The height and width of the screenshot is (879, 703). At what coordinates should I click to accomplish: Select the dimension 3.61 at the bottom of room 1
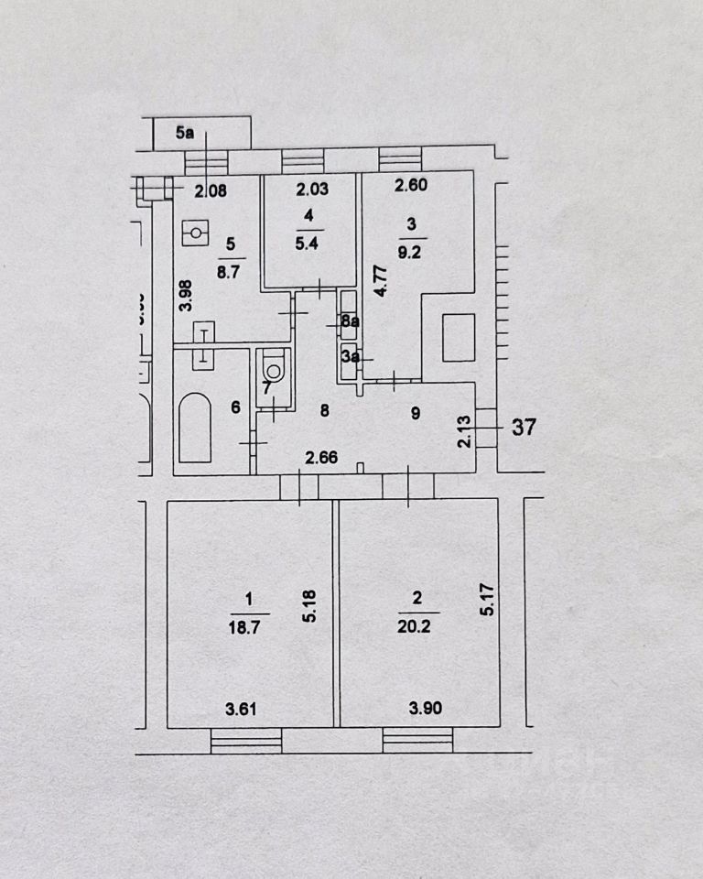coord(241,707)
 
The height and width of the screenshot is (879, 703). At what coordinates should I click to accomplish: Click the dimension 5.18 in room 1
coord(312,605)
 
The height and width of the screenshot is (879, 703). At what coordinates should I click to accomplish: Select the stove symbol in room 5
coord(195,233)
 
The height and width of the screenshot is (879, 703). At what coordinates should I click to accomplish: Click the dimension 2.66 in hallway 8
coord(319,457)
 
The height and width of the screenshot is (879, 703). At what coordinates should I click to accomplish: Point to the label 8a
coord(349,321)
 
